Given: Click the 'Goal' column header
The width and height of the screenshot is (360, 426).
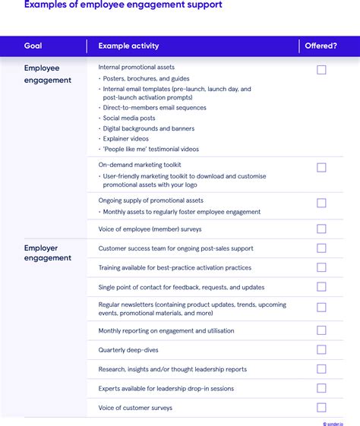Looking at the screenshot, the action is (x=33, y=46).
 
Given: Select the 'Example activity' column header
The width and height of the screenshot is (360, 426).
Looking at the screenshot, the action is (x=128, y=46).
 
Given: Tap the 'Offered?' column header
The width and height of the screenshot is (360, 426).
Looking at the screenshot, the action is (x=321, y=46).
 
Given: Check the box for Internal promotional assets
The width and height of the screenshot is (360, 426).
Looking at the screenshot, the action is (x=321, y=70).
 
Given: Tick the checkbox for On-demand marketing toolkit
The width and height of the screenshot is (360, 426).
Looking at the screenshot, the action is (x=321, y=167).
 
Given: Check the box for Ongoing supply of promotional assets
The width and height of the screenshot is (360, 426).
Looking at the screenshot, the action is (x=321, y=203).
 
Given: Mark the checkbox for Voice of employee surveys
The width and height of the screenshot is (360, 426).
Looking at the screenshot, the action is (x=321, y=229).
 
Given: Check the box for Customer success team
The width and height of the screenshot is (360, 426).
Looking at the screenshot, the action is (x=321, y=248).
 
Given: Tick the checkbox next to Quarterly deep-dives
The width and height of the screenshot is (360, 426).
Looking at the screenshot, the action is (x=321, y=349).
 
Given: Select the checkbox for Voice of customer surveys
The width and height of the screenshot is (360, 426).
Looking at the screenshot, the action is (x=321, y=408).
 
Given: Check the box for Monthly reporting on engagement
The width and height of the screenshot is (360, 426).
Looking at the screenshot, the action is (x=321, y=330).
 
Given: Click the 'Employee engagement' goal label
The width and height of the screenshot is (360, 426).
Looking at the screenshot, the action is (x=47, y=74).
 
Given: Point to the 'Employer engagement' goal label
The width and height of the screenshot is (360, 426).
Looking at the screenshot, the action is (x=47, y=253).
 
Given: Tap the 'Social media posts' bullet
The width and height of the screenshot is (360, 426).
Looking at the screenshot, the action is (x=129, y=118).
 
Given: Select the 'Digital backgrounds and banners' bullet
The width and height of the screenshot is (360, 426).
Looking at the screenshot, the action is (x=149, y=128).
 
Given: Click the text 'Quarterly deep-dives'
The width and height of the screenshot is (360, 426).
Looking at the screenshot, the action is (x=129, y=350).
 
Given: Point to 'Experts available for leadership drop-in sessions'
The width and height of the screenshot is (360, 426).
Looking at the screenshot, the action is (x=166, y=389).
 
